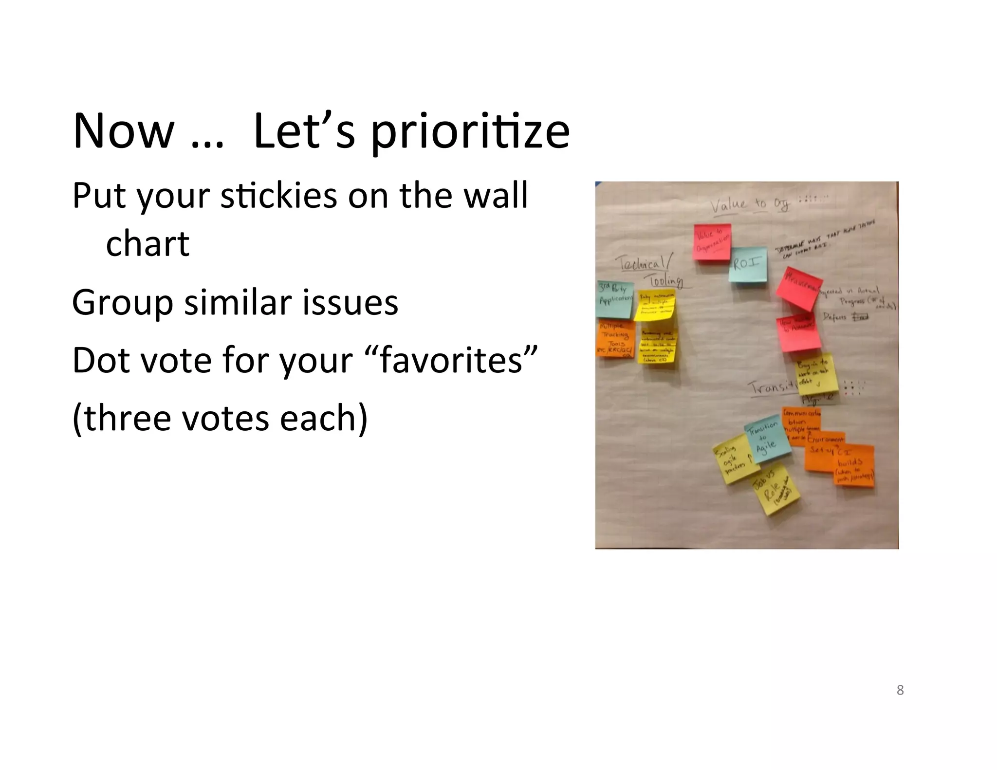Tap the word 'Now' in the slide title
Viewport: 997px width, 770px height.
(123, 131)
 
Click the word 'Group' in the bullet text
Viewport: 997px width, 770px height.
(122, 303)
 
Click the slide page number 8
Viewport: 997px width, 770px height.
(900, 690)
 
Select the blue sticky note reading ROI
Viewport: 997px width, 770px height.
(747, 265)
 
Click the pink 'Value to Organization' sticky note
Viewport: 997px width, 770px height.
(712, 242)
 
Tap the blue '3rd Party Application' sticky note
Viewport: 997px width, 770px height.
(615, 299)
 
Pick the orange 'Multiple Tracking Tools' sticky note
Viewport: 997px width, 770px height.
(615, 340)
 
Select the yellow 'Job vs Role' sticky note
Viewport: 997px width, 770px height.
(776, 489)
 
